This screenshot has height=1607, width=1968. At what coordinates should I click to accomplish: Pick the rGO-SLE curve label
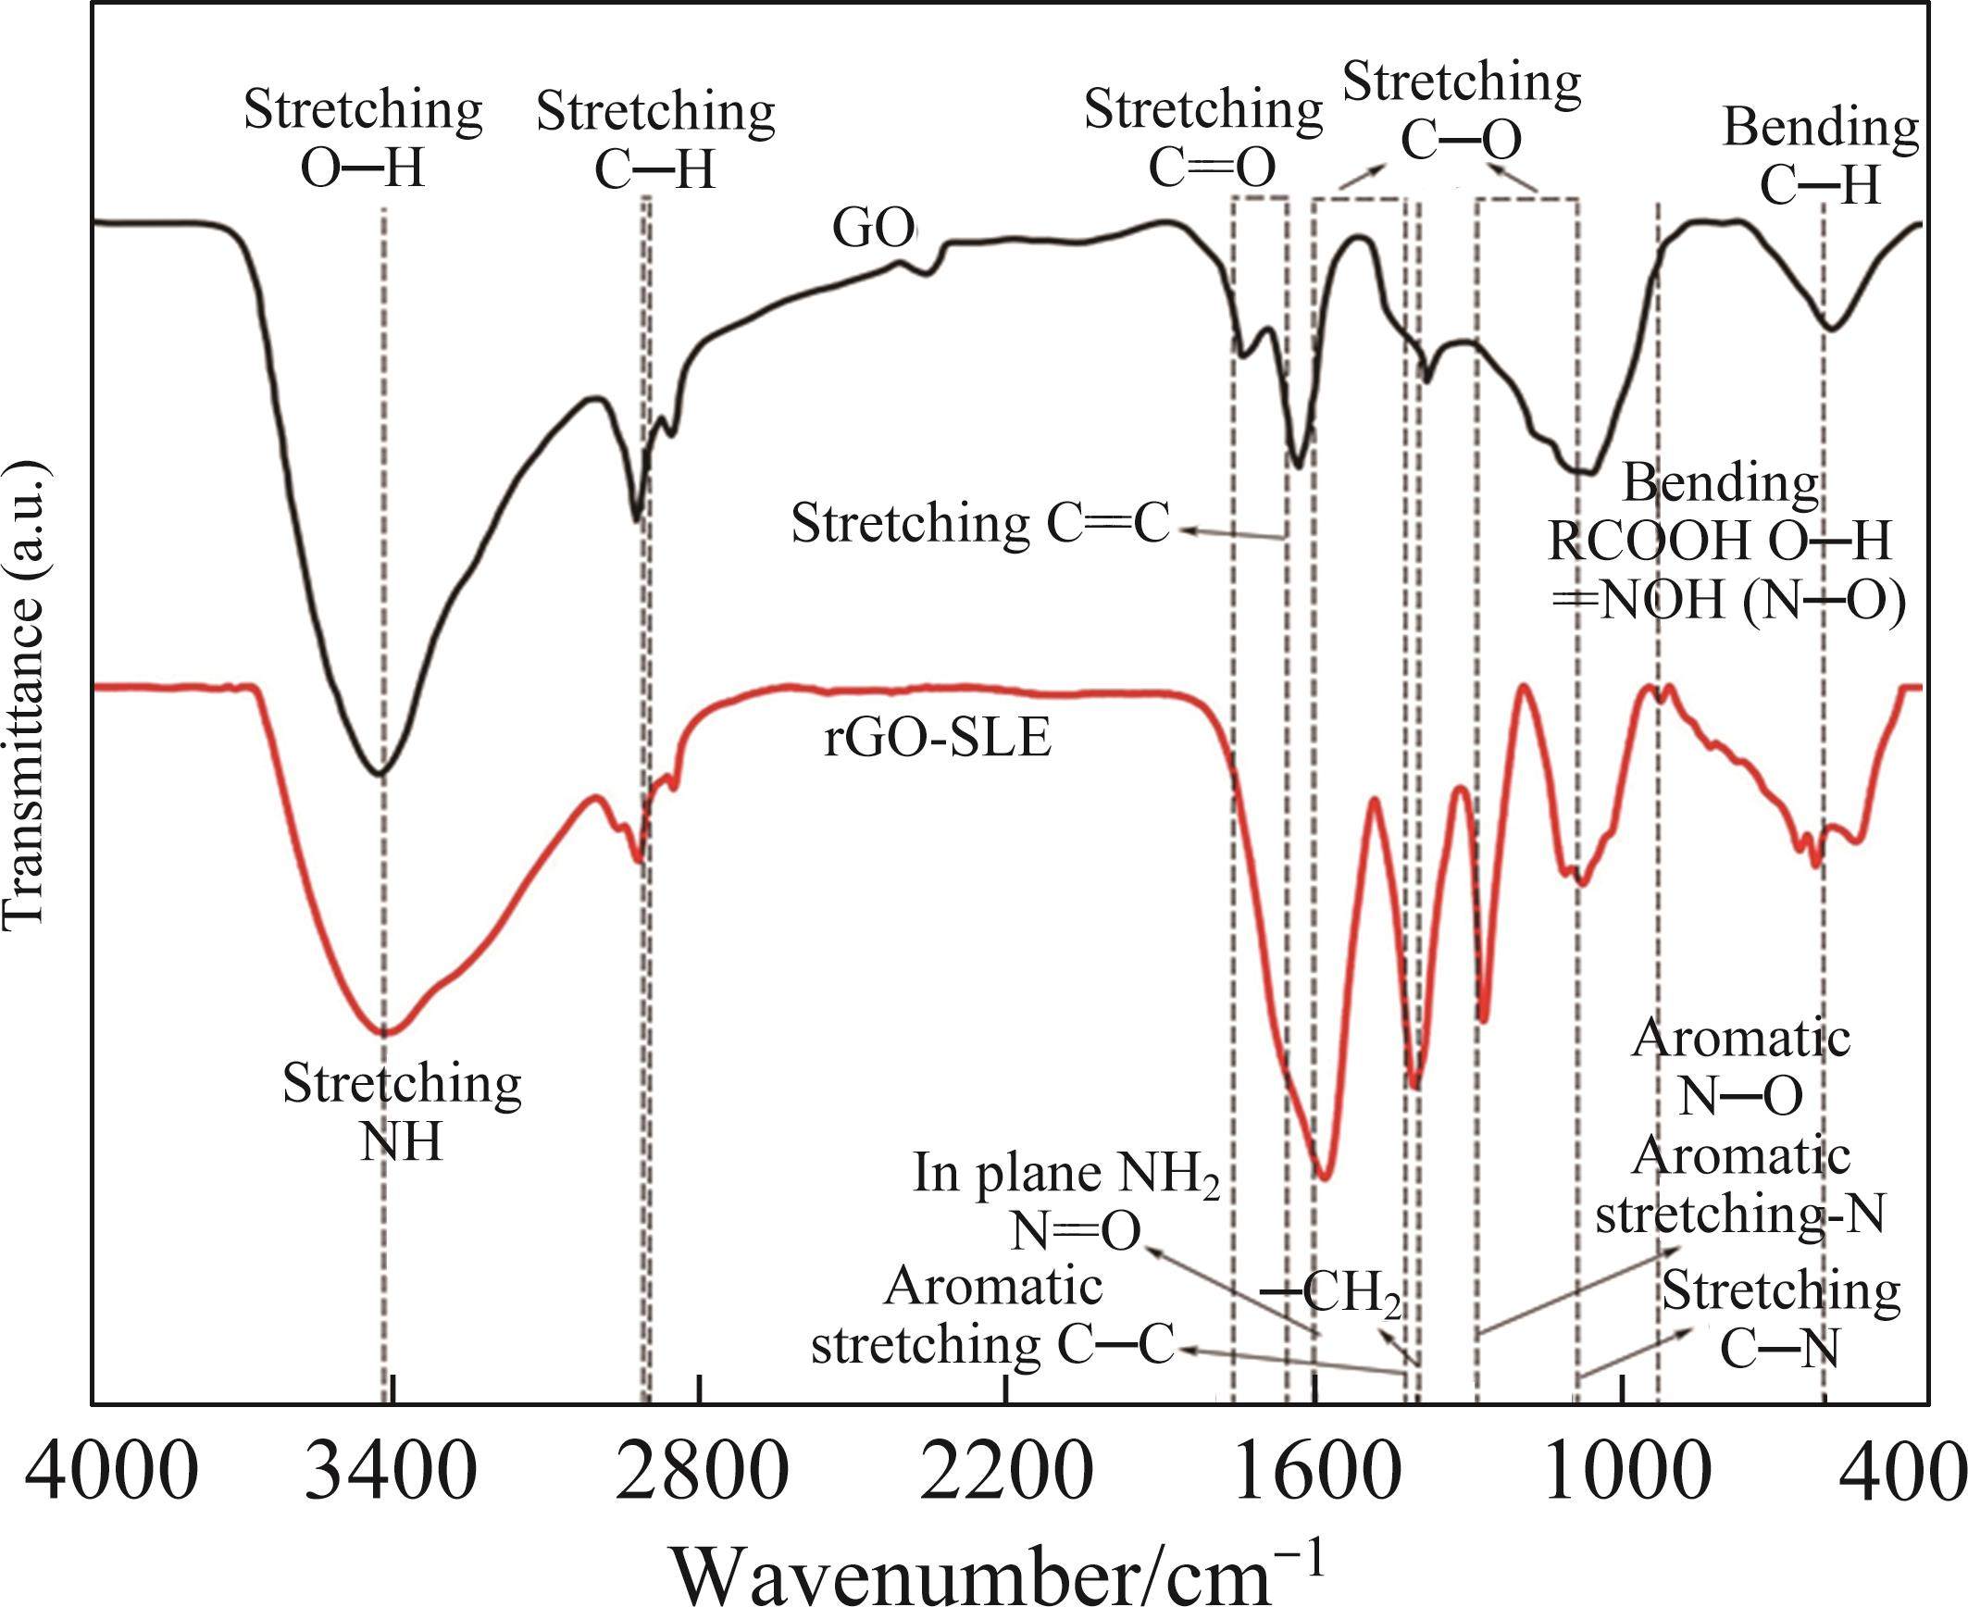pyautogui.click(x=938, y=741)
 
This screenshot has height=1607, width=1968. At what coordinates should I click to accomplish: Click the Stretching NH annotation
pyautogui.click(x=402, y=1112)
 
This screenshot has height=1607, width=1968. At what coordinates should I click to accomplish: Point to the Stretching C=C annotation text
pyautogui.click(x=980, y=524)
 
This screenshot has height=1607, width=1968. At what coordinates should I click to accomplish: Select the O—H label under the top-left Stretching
pyautogui.click(x=363, y=169)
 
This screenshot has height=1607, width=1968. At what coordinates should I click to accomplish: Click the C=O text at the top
pyautogui.click(x=1212, y=168)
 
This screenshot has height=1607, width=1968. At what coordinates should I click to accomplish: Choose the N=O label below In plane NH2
pyautogui.click(x=1075, y=1232)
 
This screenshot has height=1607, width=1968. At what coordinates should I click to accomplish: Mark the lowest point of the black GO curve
pyautogui.click(x=378, y=773)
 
